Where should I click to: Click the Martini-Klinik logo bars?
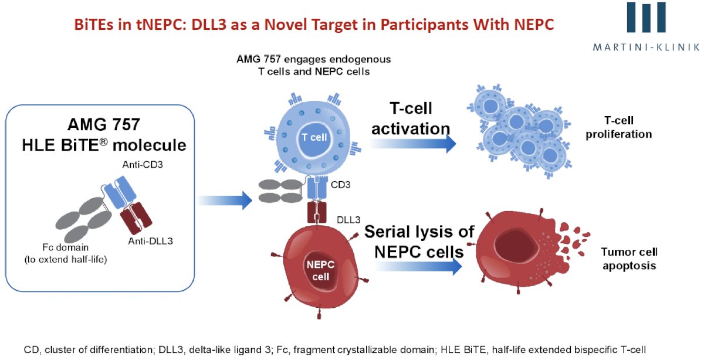tap(646, 17)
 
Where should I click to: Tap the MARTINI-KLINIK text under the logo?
tap(646, 47)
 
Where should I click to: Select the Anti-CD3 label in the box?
tap(143, 165)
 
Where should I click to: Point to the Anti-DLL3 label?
tap(151, 241)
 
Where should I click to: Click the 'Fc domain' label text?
tap(65, 247)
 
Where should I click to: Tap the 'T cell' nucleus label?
tap(314, 137)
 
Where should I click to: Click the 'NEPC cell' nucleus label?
tap(320, 270)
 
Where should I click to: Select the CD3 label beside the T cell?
tap(340, 185)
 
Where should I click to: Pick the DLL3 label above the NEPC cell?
tap(348, 220)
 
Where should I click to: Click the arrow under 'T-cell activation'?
tap(412, 144)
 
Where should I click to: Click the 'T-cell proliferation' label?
tap(618, 127)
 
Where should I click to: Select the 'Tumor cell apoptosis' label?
tap(629, 259)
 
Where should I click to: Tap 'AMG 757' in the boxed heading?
tap(104, 124)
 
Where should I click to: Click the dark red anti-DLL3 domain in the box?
tap(136, 218)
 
